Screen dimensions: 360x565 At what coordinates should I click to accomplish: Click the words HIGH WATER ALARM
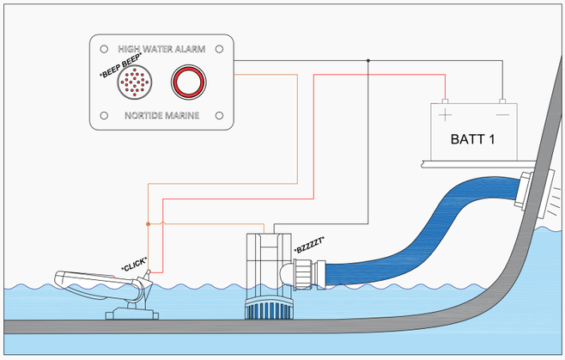[161, 49]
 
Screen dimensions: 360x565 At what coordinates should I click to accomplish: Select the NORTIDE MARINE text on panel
[161, 114]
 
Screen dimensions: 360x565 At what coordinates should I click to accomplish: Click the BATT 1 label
[472, 138]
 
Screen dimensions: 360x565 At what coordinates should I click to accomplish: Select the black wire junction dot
[368, 61]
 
